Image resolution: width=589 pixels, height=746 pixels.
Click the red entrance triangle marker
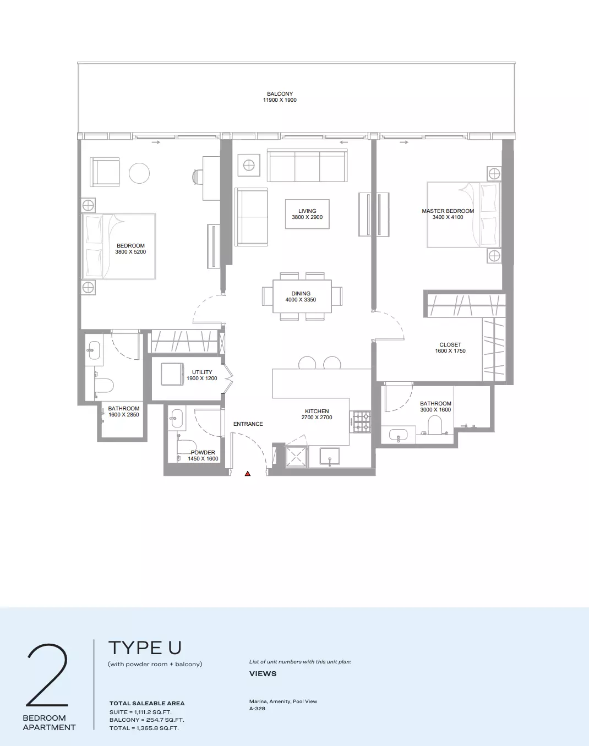(x=247, y=474)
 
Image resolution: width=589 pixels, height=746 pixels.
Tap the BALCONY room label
(x=280, y=94)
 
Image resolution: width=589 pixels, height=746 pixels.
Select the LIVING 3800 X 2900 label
(x=307, y=214)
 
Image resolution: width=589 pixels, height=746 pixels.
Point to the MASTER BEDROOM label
(x=448, y=211)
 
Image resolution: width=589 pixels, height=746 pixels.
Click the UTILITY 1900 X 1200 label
(x=202, y=375)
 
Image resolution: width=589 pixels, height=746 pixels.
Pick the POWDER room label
(x=203, y=453)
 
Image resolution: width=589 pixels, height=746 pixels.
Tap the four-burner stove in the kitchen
(x=362, y=422)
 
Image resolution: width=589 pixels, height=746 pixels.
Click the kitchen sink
(x=330, y=456)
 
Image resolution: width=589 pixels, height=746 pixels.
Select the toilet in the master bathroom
(x=435, y=425)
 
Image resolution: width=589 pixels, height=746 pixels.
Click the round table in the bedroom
(x=139, y=173)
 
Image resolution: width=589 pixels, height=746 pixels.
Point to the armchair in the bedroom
(x=105, y=172)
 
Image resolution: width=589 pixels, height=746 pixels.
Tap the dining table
(x=302, y=297)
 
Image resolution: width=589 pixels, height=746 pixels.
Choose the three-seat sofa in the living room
(x=307, y=166)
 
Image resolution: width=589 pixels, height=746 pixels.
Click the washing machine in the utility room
(x=172, y=374)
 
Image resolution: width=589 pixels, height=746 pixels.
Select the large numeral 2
(x=47, y=676)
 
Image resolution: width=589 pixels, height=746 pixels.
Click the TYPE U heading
(x=145, y=648)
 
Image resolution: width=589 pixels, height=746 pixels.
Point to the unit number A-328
(x=257, y=709)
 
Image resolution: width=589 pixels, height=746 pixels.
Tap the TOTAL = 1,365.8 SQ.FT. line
(x=144, y=728)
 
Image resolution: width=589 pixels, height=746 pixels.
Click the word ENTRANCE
(x=248, y=424)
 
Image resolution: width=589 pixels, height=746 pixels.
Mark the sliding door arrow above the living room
(x=343, y=142)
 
